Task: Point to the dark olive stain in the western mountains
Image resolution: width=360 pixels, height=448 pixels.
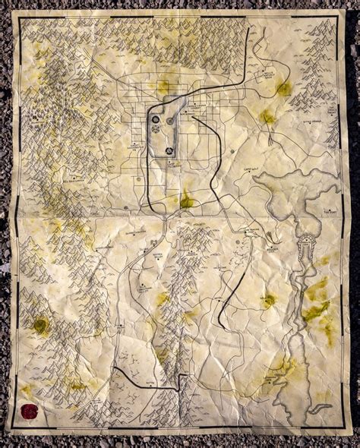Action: coord(41,327)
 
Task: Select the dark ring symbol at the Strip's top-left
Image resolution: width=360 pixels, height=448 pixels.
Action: coord(156,120)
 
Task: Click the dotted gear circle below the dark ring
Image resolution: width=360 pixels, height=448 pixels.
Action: coord(156,130)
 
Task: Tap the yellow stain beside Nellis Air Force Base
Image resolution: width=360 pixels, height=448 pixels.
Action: coord(283,89)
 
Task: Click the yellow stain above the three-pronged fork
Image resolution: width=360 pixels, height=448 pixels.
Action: coord(267,116)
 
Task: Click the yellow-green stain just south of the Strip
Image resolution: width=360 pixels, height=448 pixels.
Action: coord(187,202)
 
